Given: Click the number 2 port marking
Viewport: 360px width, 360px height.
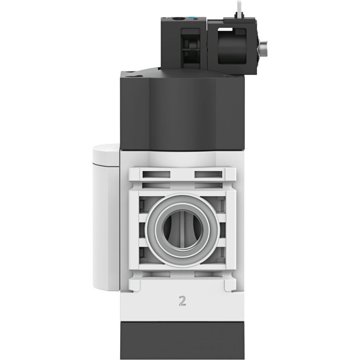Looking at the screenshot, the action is pos(182,301).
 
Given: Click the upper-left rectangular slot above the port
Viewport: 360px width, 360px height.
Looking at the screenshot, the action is pos(156,174).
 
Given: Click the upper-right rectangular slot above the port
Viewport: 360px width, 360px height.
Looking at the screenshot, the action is pos(208,174).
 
